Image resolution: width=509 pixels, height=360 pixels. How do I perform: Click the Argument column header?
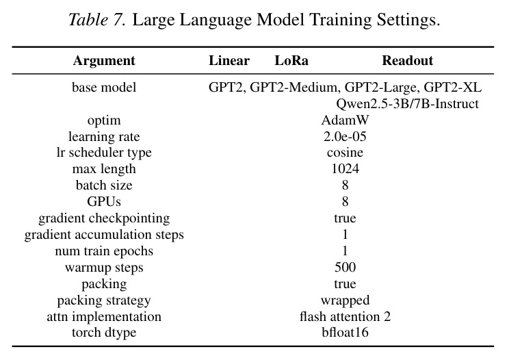(x=104, y=61)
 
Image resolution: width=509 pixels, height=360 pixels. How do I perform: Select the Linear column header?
(x=229, y=61)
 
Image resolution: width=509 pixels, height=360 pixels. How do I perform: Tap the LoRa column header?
(x=291, y=61)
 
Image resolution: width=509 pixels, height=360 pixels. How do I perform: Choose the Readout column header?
(x=407, y=61)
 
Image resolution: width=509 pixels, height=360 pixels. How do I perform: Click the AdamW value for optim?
(x=345, y=120)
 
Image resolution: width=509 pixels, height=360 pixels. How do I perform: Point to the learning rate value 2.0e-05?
(x=345, y=136)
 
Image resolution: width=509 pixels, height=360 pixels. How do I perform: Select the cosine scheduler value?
(x=345, y=153)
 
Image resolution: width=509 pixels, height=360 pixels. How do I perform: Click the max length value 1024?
(x=345, y=169)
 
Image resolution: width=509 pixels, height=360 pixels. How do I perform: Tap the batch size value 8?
(x=345, y=185)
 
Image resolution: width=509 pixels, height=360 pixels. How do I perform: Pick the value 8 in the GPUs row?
(x=345, y=202)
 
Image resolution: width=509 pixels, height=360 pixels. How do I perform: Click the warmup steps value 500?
(x=345, y=267)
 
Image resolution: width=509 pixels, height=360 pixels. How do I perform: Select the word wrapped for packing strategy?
(x=345, y=300)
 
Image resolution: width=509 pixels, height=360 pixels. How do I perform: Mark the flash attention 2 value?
(x=345, y=316)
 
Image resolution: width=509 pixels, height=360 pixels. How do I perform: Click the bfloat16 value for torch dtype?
(x=345, y=332)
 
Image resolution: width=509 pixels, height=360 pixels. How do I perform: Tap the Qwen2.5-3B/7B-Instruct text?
(x=407, y=104)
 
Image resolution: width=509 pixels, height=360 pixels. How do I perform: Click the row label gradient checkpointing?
(x=104, y=218)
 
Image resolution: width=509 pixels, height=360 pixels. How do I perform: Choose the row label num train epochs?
(x=104, y=251)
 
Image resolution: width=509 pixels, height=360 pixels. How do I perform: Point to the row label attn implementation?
(x=104, y=316)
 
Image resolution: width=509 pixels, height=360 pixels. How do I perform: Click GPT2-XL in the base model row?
(x=452, y=88)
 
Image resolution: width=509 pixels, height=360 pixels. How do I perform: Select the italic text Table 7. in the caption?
(x=96, y=19)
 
